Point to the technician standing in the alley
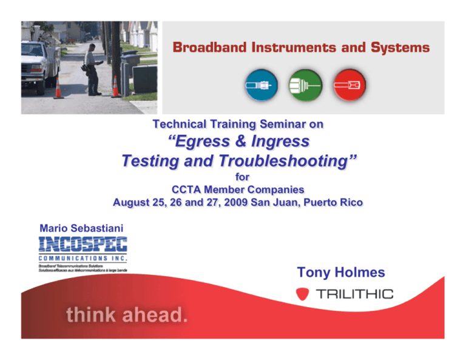coord(93,72)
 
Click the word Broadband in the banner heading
coord(216,48)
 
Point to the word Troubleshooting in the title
coord(288,161)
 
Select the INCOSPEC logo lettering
coord(83,245)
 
